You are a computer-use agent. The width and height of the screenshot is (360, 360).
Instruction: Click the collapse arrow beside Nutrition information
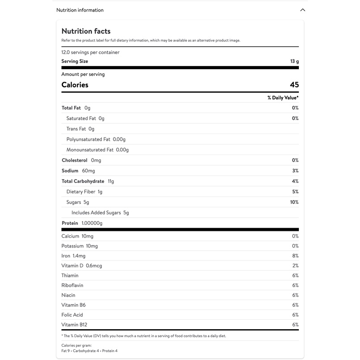point(302,10)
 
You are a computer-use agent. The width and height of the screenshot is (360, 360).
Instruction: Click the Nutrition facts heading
point(86,31)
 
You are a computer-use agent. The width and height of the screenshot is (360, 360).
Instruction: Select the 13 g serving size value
point(294,62)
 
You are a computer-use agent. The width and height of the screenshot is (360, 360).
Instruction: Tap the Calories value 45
point(294,85)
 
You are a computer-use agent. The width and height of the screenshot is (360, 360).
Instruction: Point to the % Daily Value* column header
point(283,98)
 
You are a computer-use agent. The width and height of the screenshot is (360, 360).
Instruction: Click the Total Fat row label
point(71,108)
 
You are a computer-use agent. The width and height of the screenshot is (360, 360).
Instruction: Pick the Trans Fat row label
point(76,129)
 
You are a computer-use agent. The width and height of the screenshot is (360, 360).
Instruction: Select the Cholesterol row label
point(75,160)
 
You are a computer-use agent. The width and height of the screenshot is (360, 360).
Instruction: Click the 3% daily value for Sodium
point(295,171)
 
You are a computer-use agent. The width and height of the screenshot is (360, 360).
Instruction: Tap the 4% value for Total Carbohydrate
point(295,181)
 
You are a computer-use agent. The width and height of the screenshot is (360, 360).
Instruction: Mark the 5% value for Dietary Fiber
point(295,192)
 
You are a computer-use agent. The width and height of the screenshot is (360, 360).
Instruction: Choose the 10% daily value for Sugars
point(294,202)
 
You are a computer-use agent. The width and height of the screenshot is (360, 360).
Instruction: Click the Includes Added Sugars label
point(96,213)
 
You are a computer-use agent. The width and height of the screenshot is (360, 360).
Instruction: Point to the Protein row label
point(70,223)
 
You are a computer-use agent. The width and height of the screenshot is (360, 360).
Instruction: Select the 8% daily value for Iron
point(295,256)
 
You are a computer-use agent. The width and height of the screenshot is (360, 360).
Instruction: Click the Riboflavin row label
point(72,285)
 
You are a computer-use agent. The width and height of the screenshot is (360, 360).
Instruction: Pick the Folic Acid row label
point(72,315)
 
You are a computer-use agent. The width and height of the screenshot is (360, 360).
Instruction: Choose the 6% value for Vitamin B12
point(295,325)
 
